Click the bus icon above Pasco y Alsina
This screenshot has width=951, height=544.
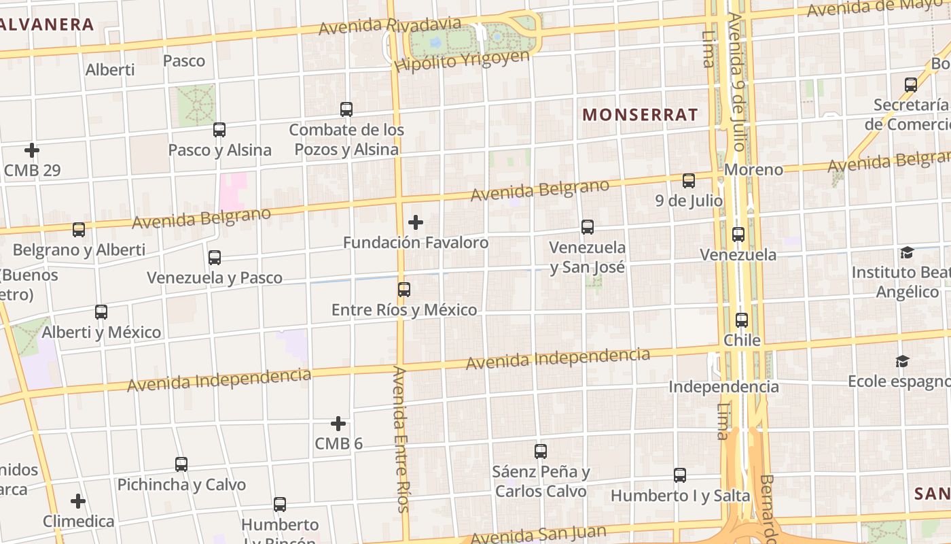[x=219, y=130]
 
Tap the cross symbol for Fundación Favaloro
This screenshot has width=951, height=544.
[x=415, y=222]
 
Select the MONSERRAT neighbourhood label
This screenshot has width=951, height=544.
[x=640, y=115]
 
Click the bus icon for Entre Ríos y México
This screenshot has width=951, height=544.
[x=404, y=290]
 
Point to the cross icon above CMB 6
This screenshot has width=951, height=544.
[x=338, y=424]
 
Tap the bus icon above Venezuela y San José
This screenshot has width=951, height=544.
[x=588, y=226]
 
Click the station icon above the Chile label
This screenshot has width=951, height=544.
[x=742, y=320]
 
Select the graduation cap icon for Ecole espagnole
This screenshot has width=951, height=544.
[x=902, y=361]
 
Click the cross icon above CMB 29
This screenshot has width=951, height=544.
[x=32, y=150]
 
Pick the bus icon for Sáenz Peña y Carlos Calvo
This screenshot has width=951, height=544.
[x=541, y=451]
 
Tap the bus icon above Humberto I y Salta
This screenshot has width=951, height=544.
[x=680, y=475]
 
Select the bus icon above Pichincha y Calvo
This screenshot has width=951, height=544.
[x=181, y=464]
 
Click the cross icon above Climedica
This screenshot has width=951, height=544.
[x=78, y=501]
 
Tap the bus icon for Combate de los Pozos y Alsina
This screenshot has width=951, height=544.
[x=346, y=109]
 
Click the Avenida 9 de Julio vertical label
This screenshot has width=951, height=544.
[x=736, y=82]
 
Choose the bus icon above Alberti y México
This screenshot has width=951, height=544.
[x=101, y=312]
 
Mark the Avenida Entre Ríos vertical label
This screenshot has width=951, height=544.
[x=401, y=439]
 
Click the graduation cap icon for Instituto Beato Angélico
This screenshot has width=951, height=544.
[x=906, y=253]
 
